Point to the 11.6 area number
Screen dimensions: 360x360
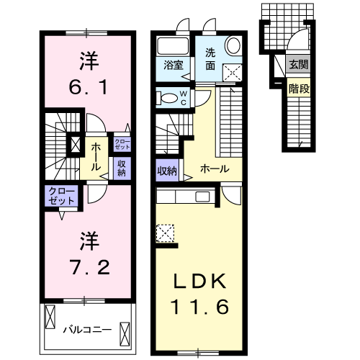(199, 307)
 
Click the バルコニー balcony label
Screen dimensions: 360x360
(86, 330)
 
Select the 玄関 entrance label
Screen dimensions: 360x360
(298, 64)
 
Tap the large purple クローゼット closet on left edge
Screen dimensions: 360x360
(61, 196)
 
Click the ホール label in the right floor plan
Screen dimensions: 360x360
(215, 169)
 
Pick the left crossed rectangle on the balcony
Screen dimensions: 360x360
(50, 318)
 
